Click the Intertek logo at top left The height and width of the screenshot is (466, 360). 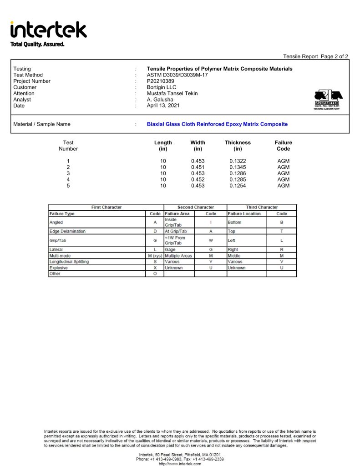click(x=48, y=30)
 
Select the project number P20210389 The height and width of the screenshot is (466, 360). click(x=160, y=81)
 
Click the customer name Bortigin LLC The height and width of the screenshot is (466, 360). click(x=161, y=87)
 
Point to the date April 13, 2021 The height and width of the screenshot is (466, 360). click(x=163, y=106)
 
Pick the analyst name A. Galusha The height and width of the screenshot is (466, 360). click(x=160, y=100)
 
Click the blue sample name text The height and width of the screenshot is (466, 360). click(x=217, y=124)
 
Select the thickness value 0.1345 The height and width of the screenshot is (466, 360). click(x=238, y=167)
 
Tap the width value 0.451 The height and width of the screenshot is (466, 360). click(x=198, y=167)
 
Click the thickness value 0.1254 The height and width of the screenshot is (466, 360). click(x=238, y=186)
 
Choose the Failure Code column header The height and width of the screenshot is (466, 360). click(x=283, y=146)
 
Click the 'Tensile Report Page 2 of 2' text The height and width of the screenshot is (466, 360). click(x=315, y=56)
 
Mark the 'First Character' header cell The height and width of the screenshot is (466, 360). click(x=106, y=208)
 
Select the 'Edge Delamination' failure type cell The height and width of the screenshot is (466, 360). click(x=67, y=232)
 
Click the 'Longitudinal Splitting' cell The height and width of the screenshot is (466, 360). click(x=69, y=262)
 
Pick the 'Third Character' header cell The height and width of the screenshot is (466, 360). click(x=262, y=208)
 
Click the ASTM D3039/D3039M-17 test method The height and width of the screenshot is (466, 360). click(x=177, y=75)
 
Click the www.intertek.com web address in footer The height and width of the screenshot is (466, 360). click(x=180, y=464)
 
